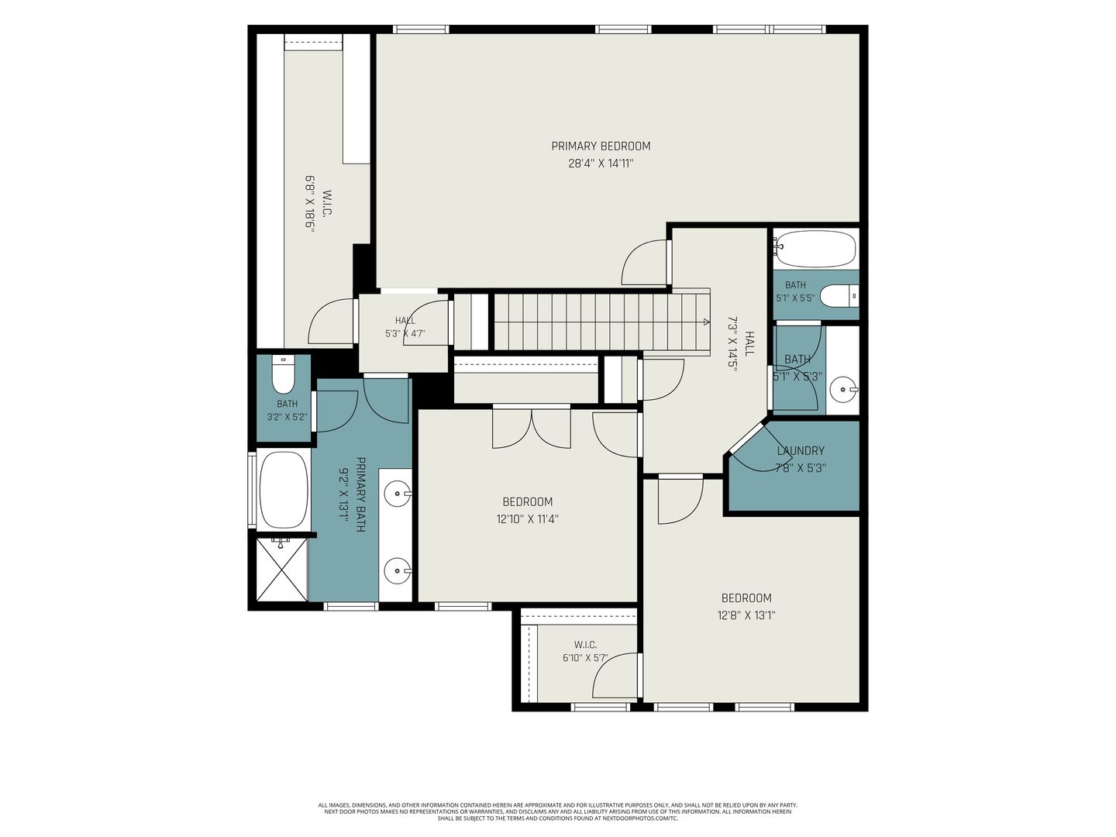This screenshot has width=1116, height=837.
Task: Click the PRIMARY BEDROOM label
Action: pos(601,146)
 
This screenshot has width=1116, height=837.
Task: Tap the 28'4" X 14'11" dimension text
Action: pos(601,164)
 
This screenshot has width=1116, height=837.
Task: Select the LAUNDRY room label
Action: pos(801,451)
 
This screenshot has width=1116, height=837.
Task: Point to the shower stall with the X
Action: pos(281,569)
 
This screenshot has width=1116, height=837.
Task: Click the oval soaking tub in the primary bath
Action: pos(284,490)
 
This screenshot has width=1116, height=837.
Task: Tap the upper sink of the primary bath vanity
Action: pos(397,493)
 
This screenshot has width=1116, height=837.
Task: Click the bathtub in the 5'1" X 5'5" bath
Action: pos(815,249)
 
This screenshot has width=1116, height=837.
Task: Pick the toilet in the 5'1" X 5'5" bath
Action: pos(839,296)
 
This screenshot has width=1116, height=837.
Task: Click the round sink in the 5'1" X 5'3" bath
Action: pos(843,390)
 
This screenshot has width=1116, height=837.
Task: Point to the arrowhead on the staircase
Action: pos(706,321)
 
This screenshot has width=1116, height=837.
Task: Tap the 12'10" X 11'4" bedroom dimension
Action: pos(527,519)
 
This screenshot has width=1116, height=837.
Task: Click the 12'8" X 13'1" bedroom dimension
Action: pos(746,615)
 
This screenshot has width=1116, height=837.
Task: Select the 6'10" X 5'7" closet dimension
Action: pos(585,658)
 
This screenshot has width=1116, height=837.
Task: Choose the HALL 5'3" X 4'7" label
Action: pos(405,327)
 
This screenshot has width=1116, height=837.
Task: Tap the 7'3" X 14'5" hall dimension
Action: pos(732,344)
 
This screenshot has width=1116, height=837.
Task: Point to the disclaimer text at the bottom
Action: pos(558,811)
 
